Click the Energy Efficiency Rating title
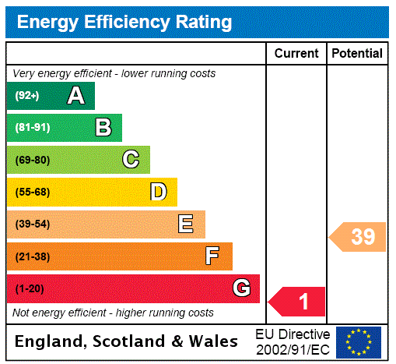(x=124, y=23)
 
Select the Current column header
(x=296, y=54)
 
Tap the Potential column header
(x=357, y=54)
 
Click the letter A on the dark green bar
(x=75, y=96)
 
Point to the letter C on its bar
(x=131, y=160)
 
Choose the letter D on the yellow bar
(x=158, y=192)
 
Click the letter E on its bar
(x=186, y=224)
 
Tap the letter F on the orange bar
(x=212, y=256)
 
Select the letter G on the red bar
(x=241, y=288)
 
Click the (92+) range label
(x=27, y=97)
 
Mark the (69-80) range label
(x=32, y=161)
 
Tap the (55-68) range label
(x=32, y=193)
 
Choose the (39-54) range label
(x=32, y=224)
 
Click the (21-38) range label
(x=32, y=256)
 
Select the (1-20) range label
(x=30, y=289)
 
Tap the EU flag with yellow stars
(x=359, y=341)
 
